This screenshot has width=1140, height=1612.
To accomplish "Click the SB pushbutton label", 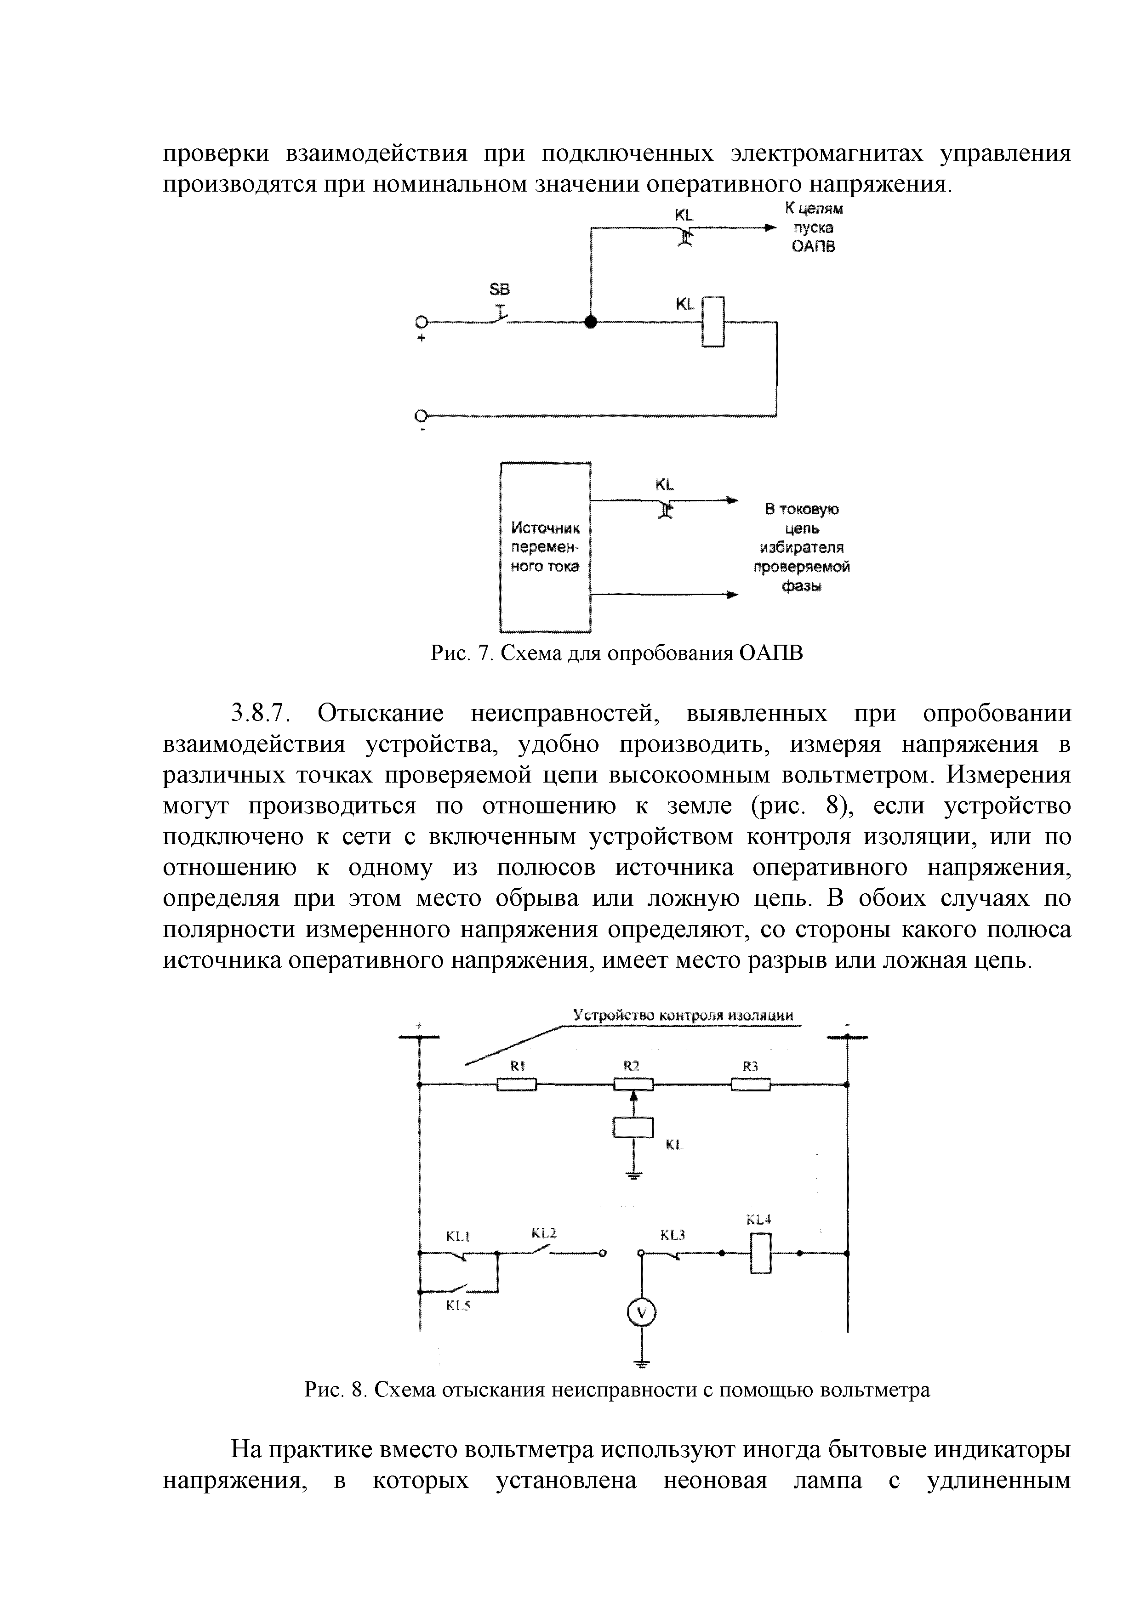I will pos(499,289).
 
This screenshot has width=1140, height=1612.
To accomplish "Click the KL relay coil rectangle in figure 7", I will pos(713,322).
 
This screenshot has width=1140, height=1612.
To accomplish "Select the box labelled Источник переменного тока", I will pos(545,547).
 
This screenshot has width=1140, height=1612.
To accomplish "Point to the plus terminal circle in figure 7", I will pos(422,322).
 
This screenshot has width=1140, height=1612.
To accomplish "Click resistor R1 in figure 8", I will pos(517,1085).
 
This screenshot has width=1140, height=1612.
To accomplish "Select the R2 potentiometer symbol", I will pos(633,1085).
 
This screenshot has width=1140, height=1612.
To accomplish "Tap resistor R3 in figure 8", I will pos(750,1085).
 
